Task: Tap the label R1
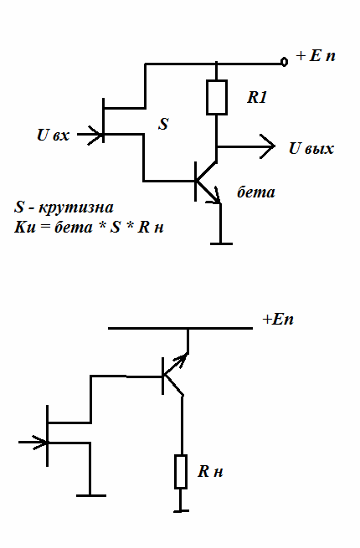point(257,97)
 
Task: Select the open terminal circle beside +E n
point(285,62)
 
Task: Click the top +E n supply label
point(316,56)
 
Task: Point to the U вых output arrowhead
point(267,146)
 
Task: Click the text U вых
point(311,148)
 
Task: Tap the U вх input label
point(54,135)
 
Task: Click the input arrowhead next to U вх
point(95,135)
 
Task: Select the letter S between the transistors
point(163,124)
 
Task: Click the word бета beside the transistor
point(256,192)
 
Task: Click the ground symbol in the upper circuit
point(221,243)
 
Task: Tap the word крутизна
point(76,207)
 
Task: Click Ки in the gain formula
point(24,228)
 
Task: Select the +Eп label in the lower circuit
point(278,320)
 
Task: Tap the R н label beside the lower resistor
point(210,471)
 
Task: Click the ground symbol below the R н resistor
point(181,511)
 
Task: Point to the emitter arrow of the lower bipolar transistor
point(182,359)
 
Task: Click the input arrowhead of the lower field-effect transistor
point(40,442)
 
